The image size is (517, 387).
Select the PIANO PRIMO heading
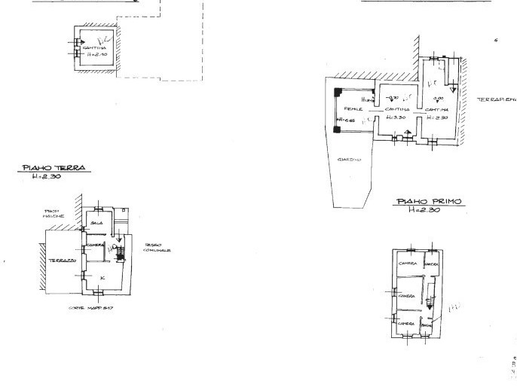[x=429, y=202]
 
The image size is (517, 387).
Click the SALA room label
[x=96, y=224]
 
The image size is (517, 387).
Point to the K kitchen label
[x=102, y=278]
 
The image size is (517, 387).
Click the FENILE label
[x=353, y=110]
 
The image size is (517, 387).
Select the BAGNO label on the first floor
[x=426, y=324]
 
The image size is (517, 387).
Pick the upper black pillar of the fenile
[x=338, y=91]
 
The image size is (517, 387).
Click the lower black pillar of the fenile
[x=338, y=129]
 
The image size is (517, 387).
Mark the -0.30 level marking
[x=393, y=96]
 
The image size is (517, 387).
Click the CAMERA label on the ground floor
[x=94, y=245]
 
